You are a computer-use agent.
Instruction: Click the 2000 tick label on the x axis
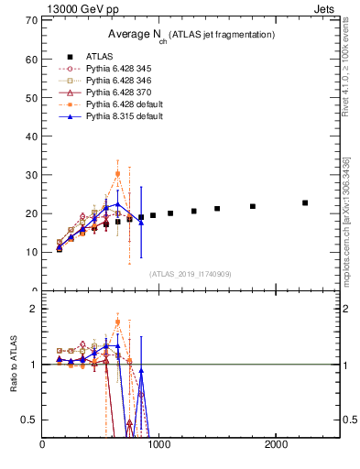(x=277, y=445)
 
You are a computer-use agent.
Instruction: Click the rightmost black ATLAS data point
(x=305, y=202)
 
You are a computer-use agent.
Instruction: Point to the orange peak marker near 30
(x=117, y=173)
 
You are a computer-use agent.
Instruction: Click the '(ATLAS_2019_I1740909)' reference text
(x=190, y=274)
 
